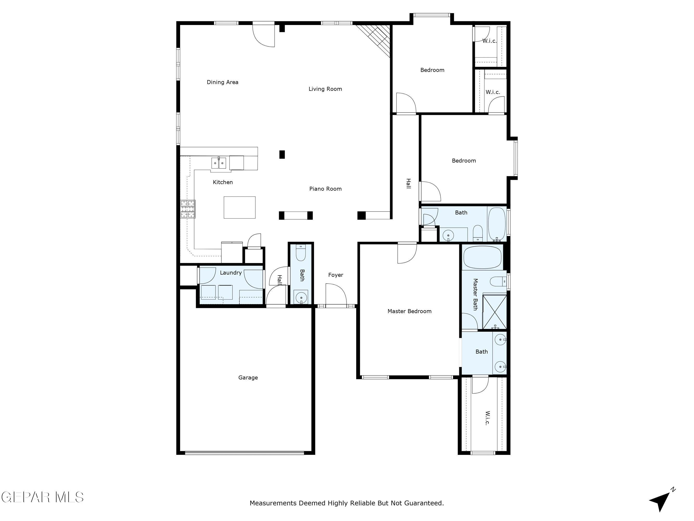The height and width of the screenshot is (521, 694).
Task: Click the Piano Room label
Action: pyautogui.click(x=325, y=189)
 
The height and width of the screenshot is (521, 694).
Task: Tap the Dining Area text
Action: pyautogui.click(x=222, y=82)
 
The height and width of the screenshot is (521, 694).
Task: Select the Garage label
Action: pyautogui.click(x=248, y=377)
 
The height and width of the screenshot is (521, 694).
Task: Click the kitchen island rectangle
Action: pyautogui.click(x=239, y=207)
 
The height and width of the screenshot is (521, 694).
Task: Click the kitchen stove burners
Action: pyautogui.click(x=188, y=209)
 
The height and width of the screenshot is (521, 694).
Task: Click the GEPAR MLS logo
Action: pyautogui.click(x=42, y=497)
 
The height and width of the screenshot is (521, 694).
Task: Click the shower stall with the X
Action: pyautogui.click(x=494, y=312)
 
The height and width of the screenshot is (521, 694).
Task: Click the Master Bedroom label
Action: pyautogui.click(x=409, y=311)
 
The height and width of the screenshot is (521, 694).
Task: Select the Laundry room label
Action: pyautogui.click(x=231, y=272)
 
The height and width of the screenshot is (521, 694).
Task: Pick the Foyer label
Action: pyautogui.click(x=335, y=275)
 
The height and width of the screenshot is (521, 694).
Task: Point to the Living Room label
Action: pyautogui.click(x=325, y=89)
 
